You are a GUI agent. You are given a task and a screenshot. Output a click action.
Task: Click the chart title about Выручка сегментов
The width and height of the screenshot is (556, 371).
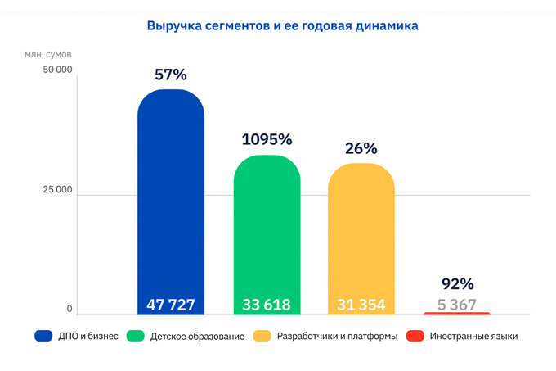click(x=282, y=26)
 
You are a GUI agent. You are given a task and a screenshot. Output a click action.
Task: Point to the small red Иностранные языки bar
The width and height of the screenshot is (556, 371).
click(x=457, y=313)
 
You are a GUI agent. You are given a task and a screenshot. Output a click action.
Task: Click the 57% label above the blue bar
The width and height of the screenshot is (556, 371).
click(x=171, y=75)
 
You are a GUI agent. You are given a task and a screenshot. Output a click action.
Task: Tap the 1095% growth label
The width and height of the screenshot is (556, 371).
click(x=267, y=139)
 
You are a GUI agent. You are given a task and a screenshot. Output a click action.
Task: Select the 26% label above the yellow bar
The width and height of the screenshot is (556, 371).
click(x=361, y=148)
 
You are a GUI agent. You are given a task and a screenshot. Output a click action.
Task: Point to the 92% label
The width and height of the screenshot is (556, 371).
click(x=457, y=284)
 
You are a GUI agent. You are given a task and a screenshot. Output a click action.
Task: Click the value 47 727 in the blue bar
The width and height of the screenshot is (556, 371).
click(x=171, y=305)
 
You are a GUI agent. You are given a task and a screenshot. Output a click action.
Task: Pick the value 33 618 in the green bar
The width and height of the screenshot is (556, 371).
click(x=267, y=305)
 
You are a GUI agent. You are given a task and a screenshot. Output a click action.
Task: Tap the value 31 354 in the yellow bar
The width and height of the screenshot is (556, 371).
click(x=361, y=305)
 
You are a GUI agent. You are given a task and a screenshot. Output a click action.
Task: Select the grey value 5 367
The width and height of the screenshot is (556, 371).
click(x=457, y=304)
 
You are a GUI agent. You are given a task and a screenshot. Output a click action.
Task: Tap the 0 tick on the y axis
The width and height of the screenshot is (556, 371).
click(x=69, y=310)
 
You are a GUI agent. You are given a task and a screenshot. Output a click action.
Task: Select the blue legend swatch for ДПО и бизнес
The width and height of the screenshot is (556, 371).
click(x=44, y=336)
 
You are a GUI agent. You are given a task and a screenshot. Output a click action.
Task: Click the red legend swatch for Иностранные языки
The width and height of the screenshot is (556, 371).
click(x=415, y=336)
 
